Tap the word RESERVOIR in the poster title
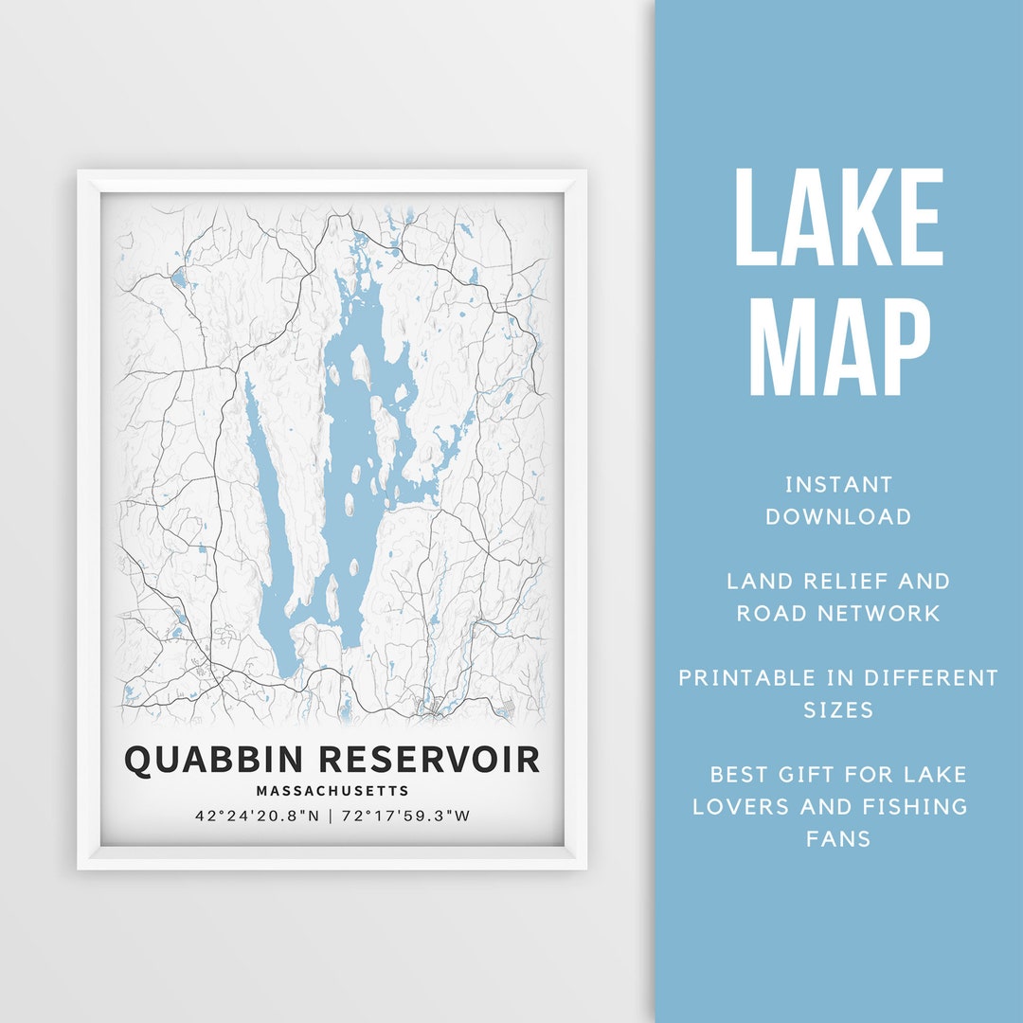431,759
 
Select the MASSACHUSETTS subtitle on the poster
332,790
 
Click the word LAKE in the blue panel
838,218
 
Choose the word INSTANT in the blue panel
838,485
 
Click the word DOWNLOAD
838,517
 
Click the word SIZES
838,709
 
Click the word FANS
838,839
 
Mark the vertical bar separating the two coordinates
331,815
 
